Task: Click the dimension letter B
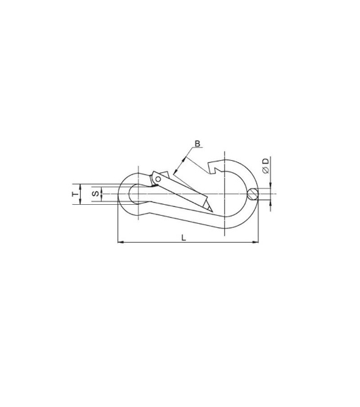click(x=198, y=144)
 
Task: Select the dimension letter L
click(x=183, y=237)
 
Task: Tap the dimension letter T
click(x=75, y=194)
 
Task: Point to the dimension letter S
click(x=96, y=193)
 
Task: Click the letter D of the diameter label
click(x=266, y=161)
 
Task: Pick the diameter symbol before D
click(x=266, y=170)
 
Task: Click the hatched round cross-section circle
click(x=253, y=194)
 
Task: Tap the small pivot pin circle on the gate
click(x=158, y=179)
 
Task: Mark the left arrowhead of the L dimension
click(x=121, y=242)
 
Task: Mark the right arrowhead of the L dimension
click(x=256, y=242)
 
